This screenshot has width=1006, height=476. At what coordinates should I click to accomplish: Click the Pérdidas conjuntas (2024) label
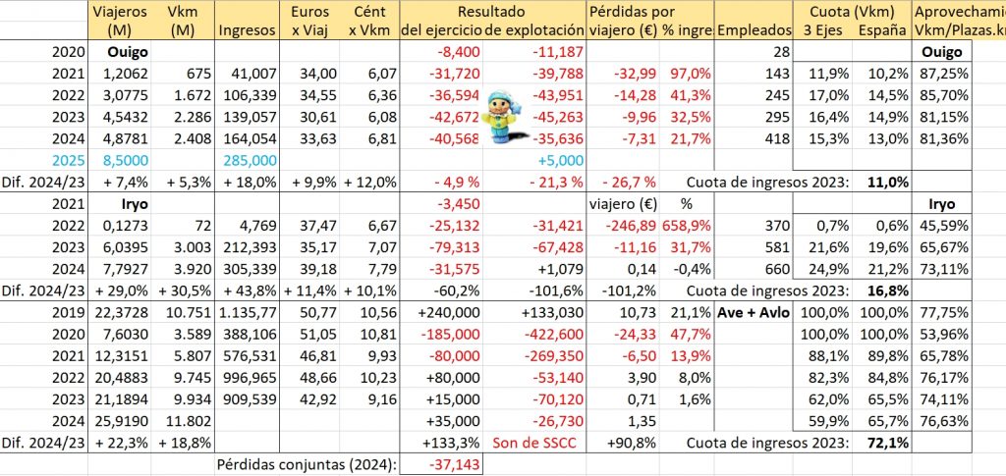coord(305,464)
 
